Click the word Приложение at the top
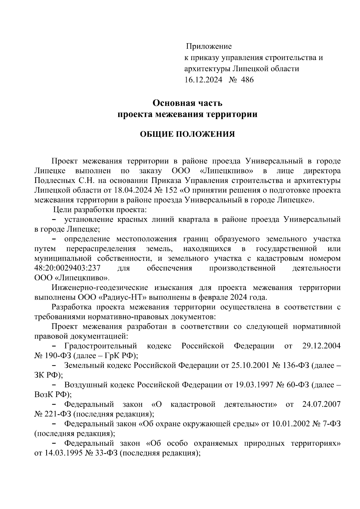209,46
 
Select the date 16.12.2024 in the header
203,80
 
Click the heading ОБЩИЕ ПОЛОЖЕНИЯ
187,134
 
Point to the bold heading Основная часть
187,103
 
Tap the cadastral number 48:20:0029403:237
67,268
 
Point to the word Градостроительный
100,346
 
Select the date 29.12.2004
321,346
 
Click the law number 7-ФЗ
331,424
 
